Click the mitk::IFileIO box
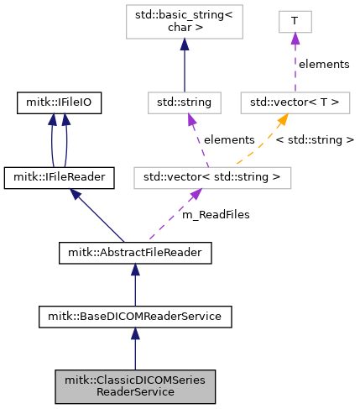(x=59, y=102)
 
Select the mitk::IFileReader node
(x=59, y=178)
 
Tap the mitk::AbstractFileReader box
(x=135, y=253)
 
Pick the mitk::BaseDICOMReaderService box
(x=135, y=317)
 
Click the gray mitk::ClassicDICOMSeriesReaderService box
(x=135, y=386)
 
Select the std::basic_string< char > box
(x=185, y=22)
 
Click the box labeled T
(x=295, y=22)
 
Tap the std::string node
(x=185, y=102)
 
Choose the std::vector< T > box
(x=295, y=102)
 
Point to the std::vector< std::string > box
(x=212, y=178)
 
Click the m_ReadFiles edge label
(x=216, y=215)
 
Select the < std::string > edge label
(x=315, y=139)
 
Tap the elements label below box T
(x=324, y=64)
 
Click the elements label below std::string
(x=229, y=139)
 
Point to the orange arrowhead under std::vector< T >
(x=283, y=119)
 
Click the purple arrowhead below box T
(x=295, y=39)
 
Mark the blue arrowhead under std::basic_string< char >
(x=185, y=45)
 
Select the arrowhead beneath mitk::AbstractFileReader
(x=135, y=270)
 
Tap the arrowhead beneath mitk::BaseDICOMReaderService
(x=135, y=333)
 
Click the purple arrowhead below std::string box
(x=191, y=119)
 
